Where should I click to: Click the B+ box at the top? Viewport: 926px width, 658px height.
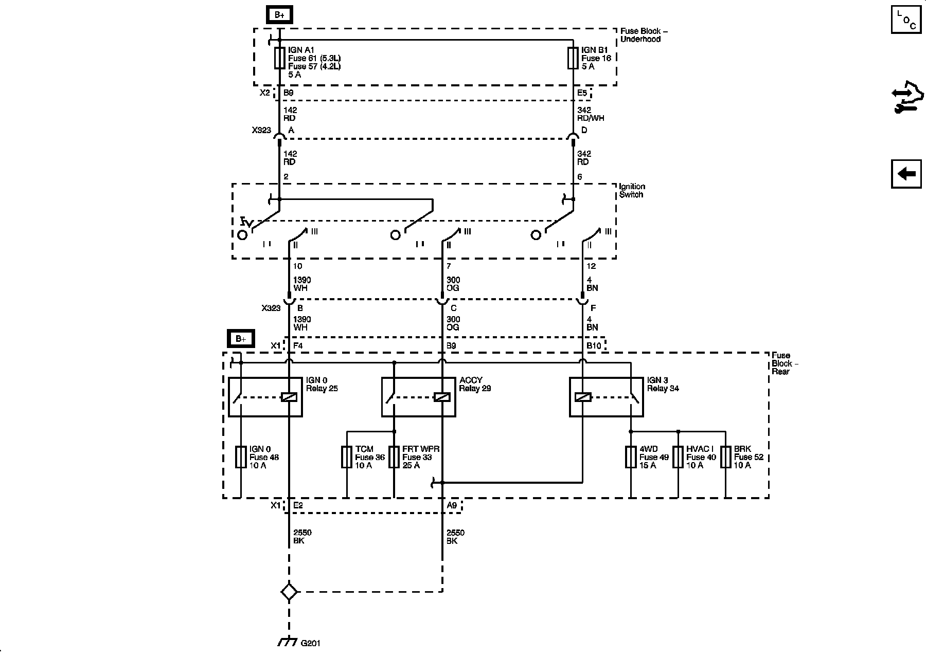[x=279, y=15]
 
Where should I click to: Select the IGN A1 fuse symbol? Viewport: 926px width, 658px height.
[x=279, y=58]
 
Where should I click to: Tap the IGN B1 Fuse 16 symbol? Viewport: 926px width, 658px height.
[x=573, y=58]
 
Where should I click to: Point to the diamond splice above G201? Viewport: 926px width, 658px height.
[x=289, y=592]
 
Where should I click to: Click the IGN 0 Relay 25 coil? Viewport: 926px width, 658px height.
[x=289, y=397]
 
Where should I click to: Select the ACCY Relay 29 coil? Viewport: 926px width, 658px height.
[x=442, y=397]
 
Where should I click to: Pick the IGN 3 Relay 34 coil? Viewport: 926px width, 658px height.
[x=583, y=397]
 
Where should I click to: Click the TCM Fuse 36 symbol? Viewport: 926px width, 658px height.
[x=347, y=457]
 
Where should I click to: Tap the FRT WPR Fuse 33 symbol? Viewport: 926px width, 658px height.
[x=394, y=457]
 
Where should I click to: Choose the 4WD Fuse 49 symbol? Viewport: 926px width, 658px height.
[x=631, y=457]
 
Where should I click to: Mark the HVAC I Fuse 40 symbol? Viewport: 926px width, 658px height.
[x=678, y=457]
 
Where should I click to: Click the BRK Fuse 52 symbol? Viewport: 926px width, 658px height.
[x=725, y=457]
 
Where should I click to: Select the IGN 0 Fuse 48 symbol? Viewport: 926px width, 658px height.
[x=241, y=457]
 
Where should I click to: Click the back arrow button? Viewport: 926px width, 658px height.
[x=906, y=174]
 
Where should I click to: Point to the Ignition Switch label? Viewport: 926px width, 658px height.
[x=632, y=191]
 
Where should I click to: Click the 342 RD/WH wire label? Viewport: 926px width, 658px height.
[x=591, y=114]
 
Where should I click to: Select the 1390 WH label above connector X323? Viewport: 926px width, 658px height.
[x=302, y=284]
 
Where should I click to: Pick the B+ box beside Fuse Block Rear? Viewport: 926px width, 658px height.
[x=241, y=339]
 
